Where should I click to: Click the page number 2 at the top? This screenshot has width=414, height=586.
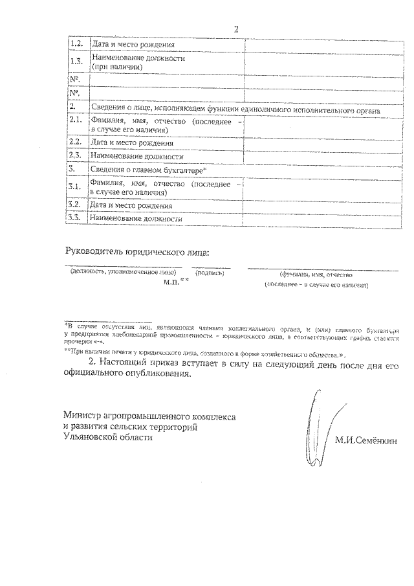pos(236,29)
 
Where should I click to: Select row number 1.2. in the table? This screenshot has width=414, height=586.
pos(76,44)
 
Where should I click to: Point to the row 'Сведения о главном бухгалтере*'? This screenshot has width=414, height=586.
pos(148,170)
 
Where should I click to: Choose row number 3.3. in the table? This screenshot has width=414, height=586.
pos(76,218)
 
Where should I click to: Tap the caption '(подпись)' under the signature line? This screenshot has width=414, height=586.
pos(210,273)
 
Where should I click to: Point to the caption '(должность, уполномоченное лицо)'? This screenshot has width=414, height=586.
pos(123,273)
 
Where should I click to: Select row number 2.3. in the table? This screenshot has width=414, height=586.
pos(76,155)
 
